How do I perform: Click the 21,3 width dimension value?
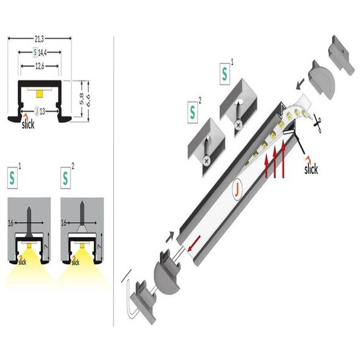(x=39, y=39)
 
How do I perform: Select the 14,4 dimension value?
(x=43, y=53)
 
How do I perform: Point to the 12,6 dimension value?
(x=40, y=67)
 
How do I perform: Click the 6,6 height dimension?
(x=88, y=100)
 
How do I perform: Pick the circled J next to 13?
(x=37, y=111)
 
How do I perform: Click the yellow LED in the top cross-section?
(x=40, y=94)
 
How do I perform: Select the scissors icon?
(x=318, y=124)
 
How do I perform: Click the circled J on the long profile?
(x=238, y=189)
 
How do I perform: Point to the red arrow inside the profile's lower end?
(x=194, y=243)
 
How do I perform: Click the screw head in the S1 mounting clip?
(x=239, y=125)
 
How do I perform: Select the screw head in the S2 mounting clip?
(x=207, y=160)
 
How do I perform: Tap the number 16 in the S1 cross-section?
(x=10, y=223)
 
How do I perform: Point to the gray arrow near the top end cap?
(x=300, y=84)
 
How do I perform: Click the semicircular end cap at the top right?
(x=322, y=80)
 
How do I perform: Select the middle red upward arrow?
(x=275, y=164)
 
